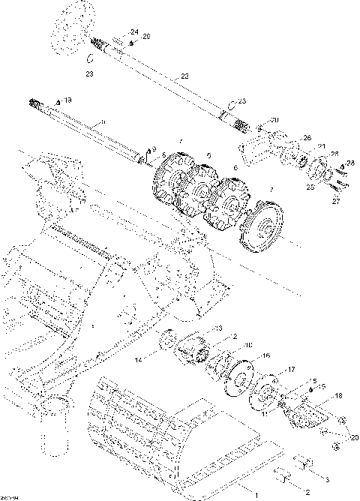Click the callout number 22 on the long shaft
pyautogui.click(x=184, y=76)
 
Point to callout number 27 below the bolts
pyautogui.click(x=335, y=201)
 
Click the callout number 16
pyautogui.click(x=265, y=355)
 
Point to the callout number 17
pyautogui.click(x=292, y=369)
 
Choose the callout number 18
pyautogui.click(x=339, y=396)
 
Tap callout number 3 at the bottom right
pyautogui.click(x=326, y=477)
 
